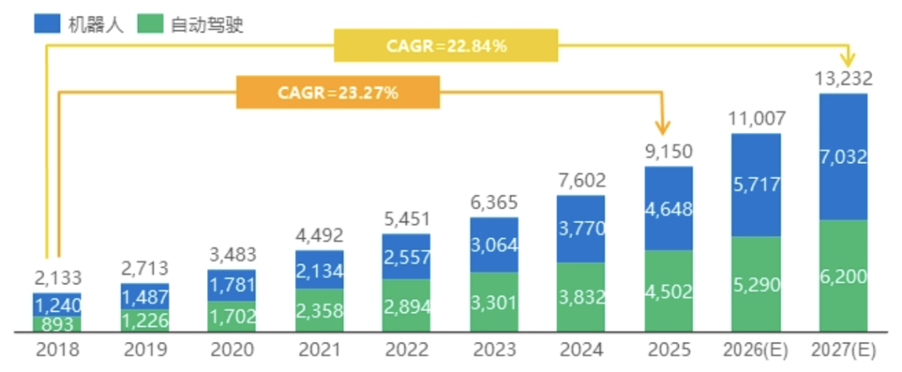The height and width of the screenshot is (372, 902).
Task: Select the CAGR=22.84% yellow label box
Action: tap(446, 46)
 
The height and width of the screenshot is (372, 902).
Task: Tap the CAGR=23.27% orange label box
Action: tap(338, 92)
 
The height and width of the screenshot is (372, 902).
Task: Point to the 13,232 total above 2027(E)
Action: tap(843, 79)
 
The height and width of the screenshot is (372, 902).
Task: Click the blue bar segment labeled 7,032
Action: tap(843, 156)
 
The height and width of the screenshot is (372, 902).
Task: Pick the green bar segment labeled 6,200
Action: tap(843, 276)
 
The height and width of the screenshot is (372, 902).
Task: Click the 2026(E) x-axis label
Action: tap(756, 349)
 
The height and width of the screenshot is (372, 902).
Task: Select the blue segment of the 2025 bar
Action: tap(669, 208)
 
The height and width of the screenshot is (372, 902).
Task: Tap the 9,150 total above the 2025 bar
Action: tap(669, 154)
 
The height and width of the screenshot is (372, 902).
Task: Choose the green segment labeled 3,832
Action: tap(580, 298)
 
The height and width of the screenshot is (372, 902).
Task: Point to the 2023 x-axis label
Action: tap(494, 349)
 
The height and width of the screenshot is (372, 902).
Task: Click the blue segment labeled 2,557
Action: tap(407, 256)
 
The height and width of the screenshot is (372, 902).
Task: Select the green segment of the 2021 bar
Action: tap(319, 310)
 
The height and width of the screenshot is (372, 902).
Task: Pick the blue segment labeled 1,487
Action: tap(144, 297)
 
